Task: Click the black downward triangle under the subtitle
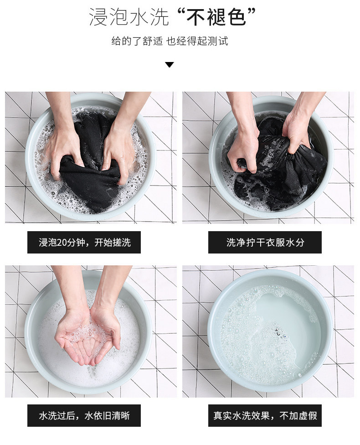point(170,65)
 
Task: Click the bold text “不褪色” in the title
point(216,17)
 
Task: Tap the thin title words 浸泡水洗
point(129,17)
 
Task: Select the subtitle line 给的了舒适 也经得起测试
point(170,41)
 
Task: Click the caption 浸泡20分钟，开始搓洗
point(84,243)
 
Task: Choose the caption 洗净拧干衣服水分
point(265,243)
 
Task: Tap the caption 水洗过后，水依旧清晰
point(84,416)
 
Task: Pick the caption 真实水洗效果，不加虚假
point(265,416)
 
